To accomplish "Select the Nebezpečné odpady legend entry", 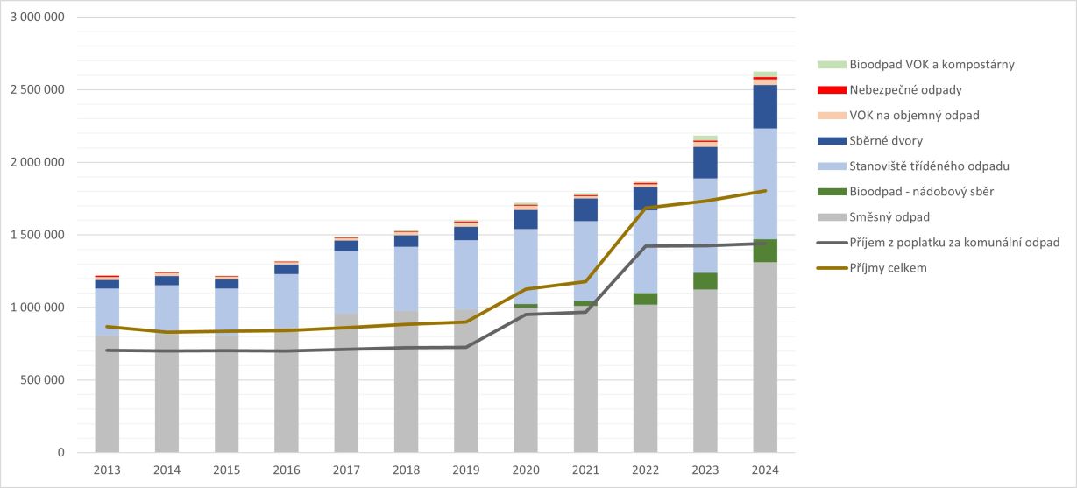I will [905, 90].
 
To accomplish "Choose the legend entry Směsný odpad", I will [889, 217].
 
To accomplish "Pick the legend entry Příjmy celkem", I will [889, 268].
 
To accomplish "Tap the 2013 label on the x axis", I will [107, 470].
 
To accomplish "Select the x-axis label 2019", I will [465, 470].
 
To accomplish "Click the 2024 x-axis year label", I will [764, 470].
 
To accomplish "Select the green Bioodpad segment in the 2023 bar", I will [705, 280].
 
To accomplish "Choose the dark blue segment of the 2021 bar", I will [585, 209].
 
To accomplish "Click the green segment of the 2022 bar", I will [646, 299].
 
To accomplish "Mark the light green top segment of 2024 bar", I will [765, 74].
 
